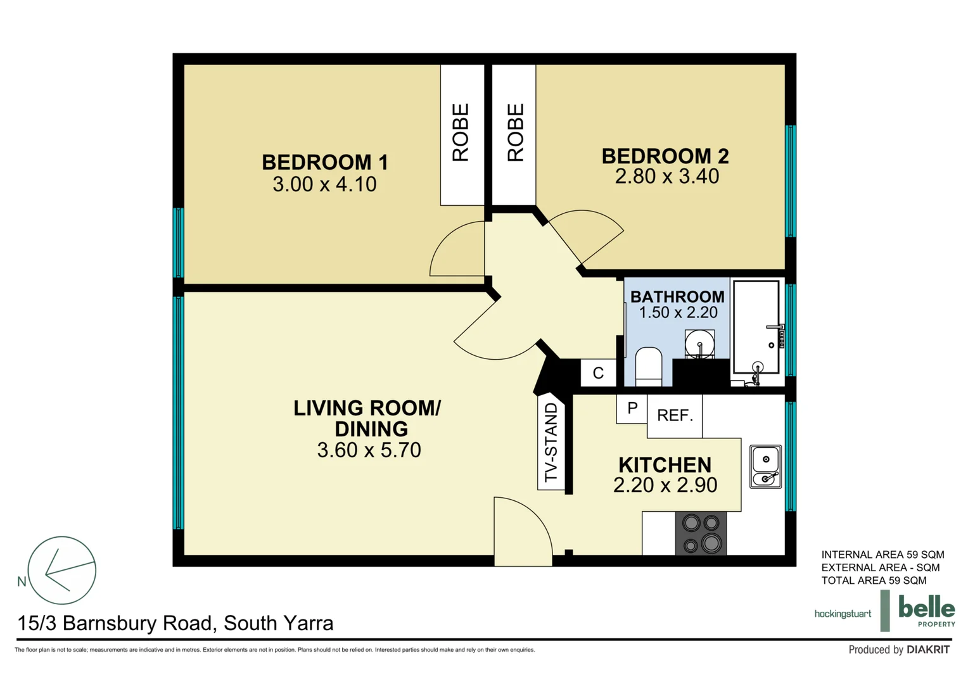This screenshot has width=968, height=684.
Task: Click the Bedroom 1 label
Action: pyautogui.click(x=324, y=162)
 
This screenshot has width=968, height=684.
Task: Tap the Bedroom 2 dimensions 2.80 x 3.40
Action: pyautogui.click(x=666, y=177)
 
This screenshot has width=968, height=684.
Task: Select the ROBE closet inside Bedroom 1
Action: pyautogui.click(x=461, y=134)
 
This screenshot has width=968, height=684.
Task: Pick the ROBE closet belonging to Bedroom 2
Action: pyautogui.click(x=514, y=134)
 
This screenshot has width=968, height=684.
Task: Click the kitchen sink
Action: pyautogui.click(x=766, y=467)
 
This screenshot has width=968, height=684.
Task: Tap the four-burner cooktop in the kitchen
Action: pyautogui.click(x=701, y=533)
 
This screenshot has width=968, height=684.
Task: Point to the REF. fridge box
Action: pyautogui.click(x=675, y=415)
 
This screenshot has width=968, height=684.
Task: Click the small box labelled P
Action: pyautogui.click(x=632, y=408)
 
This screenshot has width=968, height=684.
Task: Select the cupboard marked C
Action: pyautogui.click(x=598, y=373)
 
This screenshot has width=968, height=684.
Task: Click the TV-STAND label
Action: pyautogui.click(x=551, y=442)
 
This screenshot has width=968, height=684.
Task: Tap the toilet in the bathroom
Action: pyautogui.click(x=648, y=367)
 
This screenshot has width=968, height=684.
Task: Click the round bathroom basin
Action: pyautogui.click(x=699, y=345)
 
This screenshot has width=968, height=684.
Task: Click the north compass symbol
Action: pyautogui.click(x=61, y=570)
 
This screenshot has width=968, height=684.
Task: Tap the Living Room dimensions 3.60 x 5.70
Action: pyautogui.click(x=369, y=450)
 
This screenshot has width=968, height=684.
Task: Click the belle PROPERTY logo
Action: pyautogui.click(x=926, y=611)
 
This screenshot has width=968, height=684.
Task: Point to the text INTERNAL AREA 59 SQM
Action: pyautogui.click(x=882, y=555)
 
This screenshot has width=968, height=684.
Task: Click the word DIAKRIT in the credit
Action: pyautogui.click(x=927, y=650)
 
